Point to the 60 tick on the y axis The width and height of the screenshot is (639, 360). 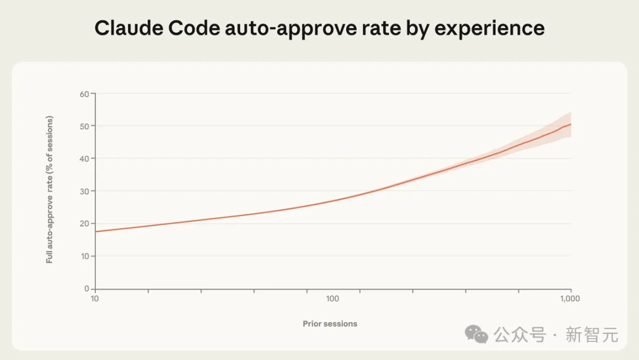coord(85,94)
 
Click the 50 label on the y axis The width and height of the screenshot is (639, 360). coord(85,126)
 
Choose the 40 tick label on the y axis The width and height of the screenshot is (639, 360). coord(85,159)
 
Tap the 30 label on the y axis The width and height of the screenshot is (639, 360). coord(85,191)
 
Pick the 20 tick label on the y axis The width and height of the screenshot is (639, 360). coord(85,224)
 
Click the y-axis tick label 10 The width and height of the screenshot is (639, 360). coord(85,256)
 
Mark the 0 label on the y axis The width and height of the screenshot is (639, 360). coord(87,289)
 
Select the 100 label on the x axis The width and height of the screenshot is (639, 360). coord(333,299)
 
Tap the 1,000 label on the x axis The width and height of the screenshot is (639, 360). coord(570,299)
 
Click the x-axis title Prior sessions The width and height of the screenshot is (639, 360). coord(330,324)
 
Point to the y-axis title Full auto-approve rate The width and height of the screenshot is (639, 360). coord(50,189)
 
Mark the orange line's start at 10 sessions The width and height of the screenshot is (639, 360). coord(96,232)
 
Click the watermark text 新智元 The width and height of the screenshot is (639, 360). coord(592,335)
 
